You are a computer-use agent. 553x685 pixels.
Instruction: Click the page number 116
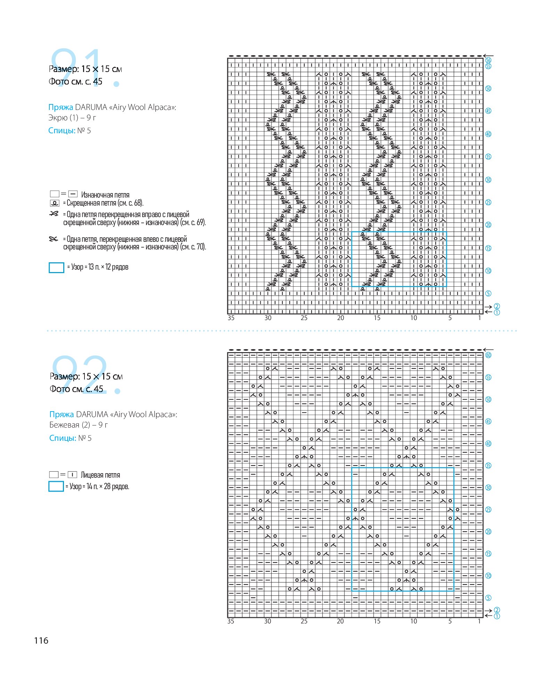coord(41,640)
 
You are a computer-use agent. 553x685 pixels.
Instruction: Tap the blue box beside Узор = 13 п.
coord(56,268)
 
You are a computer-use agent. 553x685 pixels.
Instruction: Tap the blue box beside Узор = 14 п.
coord(56,486)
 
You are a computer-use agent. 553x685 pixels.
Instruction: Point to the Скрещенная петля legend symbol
coord(55,203)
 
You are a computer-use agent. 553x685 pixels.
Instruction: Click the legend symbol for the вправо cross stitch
coord(54,214)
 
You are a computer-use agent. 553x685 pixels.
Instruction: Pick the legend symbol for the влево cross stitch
coord(53,239)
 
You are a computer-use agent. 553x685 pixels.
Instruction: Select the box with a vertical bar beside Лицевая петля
coord(72,475)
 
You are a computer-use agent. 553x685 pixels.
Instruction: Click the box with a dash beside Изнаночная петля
coord(73,194)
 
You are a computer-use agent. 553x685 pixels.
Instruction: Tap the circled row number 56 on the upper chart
coord(488,60)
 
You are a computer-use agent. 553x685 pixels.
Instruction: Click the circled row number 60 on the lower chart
coord(488,355)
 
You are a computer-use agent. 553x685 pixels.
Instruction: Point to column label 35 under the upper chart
coord(231,318)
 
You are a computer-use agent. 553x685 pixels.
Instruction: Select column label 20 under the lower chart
coord(340,621)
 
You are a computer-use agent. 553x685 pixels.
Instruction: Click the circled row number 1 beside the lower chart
coord(497,616)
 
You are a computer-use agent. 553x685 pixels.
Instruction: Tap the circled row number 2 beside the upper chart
coord(497,306)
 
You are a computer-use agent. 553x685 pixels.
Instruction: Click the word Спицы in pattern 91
coord(62,131)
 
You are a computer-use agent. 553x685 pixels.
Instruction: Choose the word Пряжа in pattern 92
coord(62,415)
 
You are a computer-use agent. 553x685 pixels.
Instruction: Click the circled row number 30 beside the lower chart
coord(488,487)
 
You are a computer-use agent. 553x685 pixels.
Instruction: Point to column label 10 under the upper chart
coord(414,318)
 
